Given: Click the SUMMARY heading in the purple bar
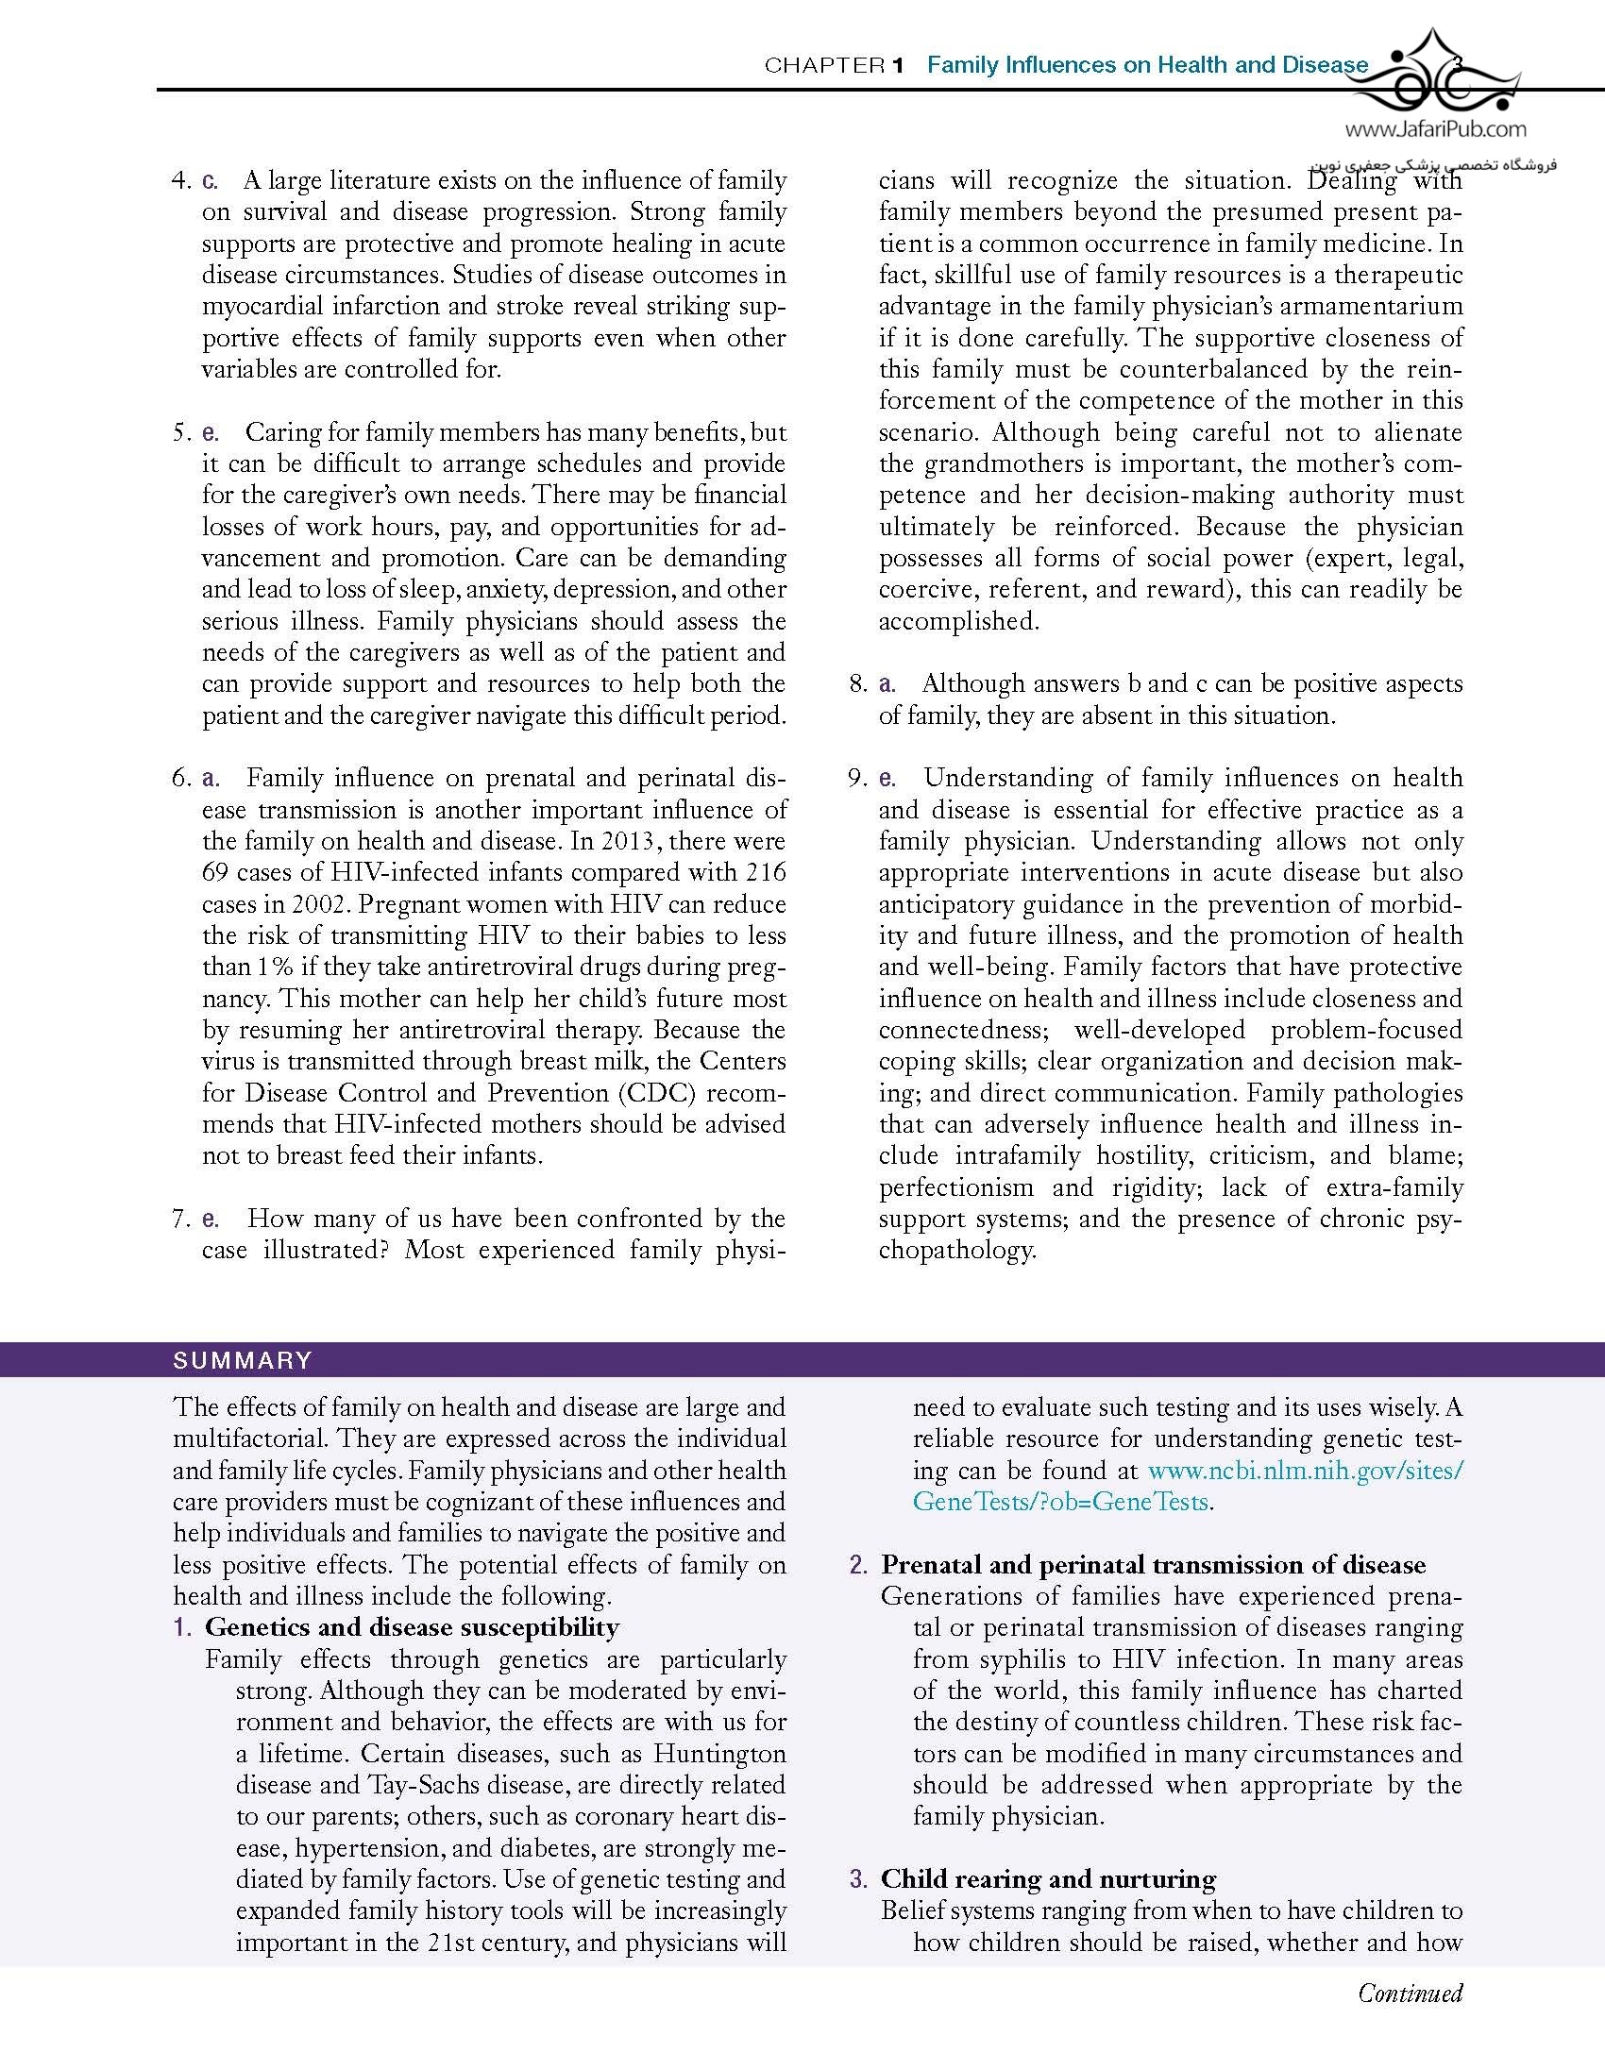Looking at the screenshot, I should (x=243, y=1360).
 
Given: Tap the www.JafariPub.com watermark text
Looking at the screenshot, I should (x=1434, y=129).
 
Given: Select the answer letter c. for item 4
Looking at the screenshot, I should (x=210, y=180).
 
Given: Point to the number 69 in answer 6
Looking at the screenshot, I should (x=216, y=872).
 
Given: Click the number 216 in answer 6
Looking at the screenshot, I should (x=766, y=872).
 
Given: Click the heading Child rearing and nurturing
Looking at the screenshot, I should (x=1048, y=1878).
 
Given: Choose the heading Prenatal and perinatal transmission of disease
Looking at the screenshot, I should (x=1153, y=1564).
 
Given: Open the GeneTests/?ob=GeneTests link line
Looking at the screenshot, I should (x=1060, y=1502).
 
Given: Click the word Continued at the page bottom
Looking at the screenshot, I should (x=1410, y=1993).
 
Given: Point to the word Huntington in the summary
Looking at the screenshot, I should (x=719, y=1753).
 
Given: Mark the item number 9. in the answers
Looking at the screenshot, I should (x=856, y=778).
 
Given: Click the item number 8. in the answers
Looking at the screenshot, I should (x=856, y=683).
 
